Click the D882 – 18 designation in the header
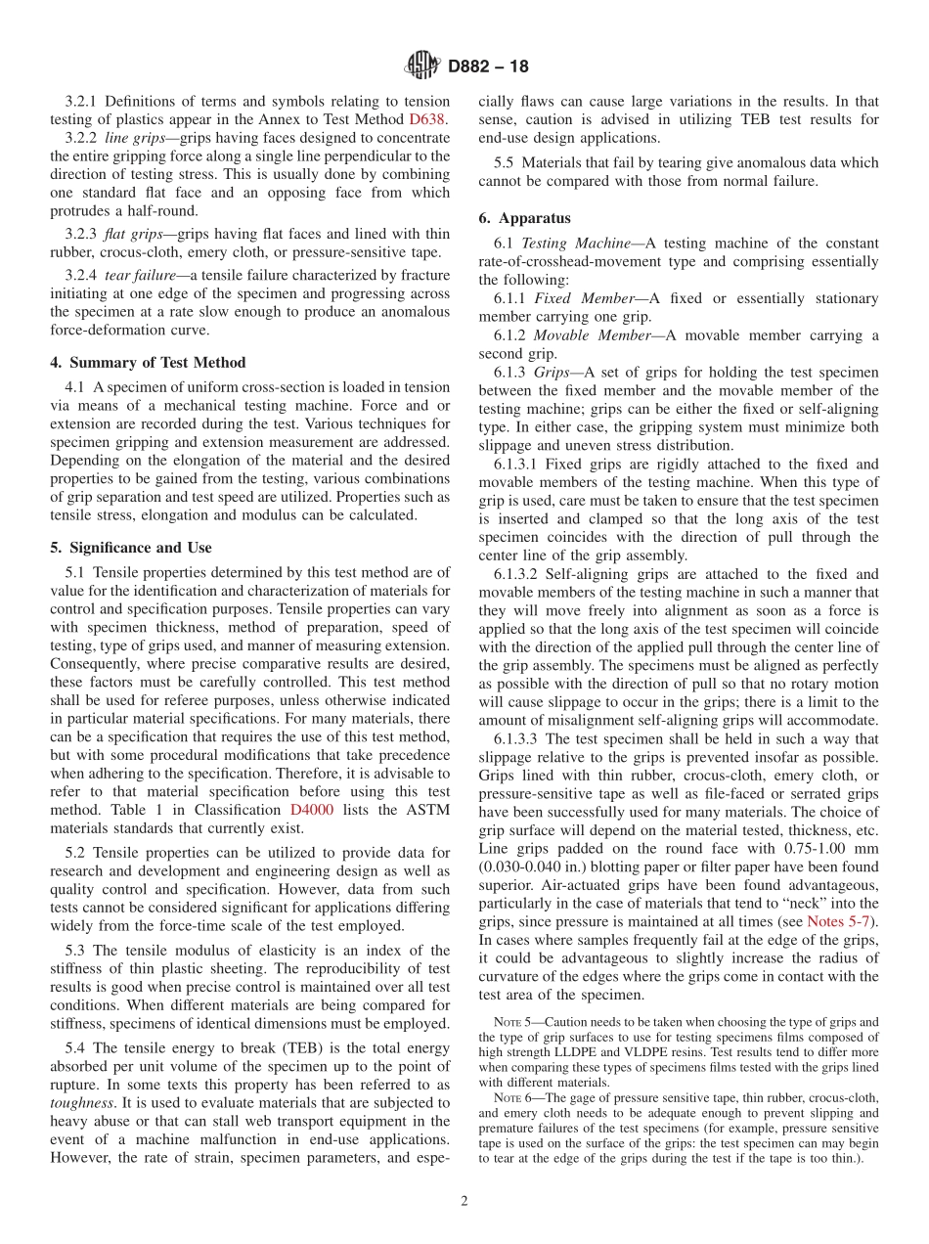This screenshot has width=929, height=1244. (x=488, y=67)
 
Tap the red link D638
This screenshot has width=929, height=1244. (x=426, y=119)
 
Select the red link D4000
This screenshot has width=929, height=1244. (x=313, y=811)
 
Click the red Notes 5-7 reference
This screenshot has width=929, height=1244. (x=841, y=921)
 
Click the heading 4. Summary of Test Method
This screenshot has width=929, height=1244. (x=148, y=363)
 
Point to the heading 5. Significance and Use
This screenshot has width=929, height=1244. (x=131, y=548)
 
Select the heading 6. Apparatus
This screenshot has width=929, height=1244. (x=525, y=218)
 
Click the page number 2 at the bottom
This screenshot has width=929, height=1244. (x=464, y=1202)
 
